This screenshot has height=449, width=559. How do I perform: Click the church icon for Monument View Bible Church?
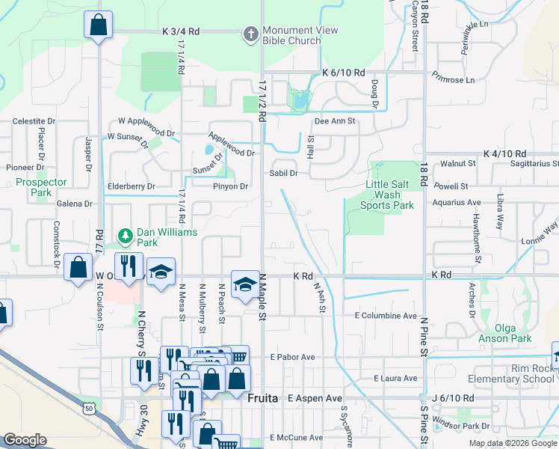pyautogui.click(x=250, y=34)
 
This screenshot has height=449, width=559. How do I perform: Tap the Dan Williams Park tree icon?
pyautogui.click(x=126, y=237)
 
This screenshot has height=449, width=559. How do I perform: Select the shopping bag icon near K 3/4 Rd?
pyautogui.click(x=98, y=25)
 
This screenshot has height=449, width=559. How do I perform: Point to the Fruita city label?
pyautogui.click(x=263, y=399)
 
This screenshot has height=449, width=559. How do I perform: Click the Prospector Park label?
pyautogui.click(x=41, y=187)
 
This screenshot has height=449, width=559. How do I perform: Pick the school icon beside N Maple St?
pyautogui.click(x=244, y=285)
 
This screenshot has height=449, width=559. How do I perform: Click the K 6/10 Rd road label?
pyautogui.click(x=343, y=73)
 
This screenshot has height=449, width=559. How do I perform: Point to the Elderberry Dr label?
pyautogui.click(x=131, y=186)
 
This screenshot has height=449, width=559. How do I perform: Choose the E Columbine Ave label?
pyautogui.click(x=385, y=316)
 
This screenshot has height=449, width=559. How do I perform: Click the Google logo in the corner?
pyautogui.click(x=25, y=440)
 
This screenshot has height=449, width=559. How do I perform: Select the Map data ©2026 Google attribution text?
pyautogui.click(x=512, y=443)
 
